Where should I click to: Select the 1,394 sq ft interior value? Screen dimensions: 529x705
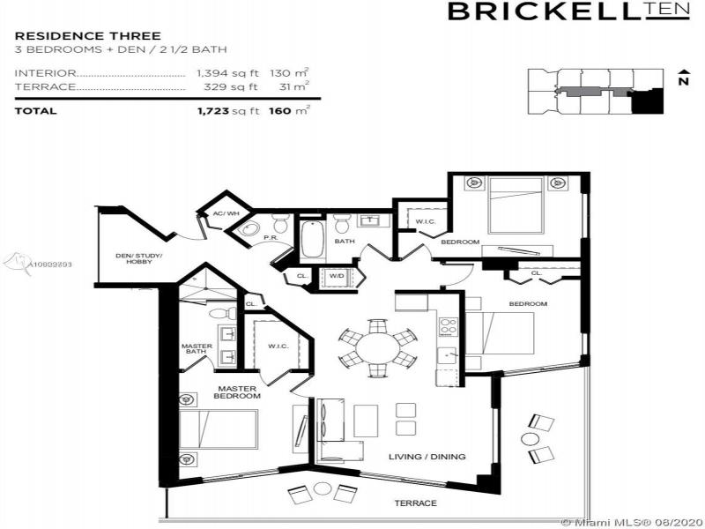(x=227, y=74)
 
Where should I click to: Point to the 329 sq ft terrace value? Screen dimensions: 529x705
(x=227, y=87)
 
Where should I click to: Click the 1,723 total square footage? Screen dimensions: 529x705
(x=227, y=111)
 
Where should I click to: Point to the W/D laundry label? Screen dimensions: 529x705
(x=337, y=276)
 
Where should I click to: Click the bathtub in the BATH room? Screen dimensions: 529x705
(x=312, y=239)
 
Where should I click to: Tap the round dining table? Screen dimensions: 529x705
(x=377, y=346)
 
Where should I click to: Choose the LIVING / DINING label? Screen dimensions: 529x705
(x=427, y=456)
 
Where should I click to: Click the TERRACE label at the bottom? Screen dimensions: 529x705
(x=415, y=503)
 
